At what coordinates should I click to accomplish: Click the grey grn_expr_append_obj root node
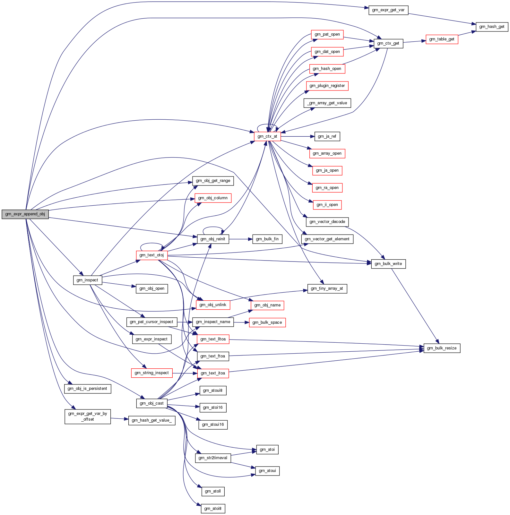click(25, 214)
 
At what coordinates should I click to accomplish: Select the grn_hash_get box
click(492, 27)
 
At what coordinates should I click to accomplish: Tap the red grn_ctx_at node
click(267, 136)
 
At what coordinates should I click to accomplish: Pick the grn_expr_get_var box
click(388, 10)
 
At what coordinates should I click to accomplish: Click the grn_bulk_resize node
click(442, 348)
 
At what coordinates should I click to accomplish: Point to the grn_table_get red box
click(442, 39)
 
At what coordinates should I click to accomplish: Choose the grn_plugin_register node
click(327, 86)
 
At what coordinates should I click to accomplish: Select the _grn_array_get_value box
click(327, 103)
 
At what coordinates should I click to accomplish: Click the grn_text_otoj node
click(151, 255)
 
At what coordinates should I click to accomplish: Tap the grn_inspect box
click(87, 280)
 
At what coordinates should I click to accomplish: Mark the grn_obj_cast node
click(152, 403)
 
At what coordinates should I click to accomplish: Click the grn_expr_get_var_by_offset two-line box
click(88, 416)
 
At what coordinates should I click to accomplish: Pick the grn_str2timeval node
click(213, 458)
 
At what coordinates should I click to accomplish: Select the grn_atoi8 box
click(213, 509)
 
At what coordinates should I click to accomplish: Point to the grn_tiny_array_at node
click(327, 288)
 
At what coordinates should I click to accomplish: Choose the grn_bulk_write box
click(388, 264)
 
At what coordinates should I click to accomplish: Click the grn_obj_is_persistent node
click(88, 389)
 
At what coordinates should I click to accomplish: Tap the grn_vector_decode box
click(327, 222)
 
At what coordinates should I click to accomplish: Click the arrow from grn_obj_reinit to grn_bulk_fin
click(241, 239)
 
